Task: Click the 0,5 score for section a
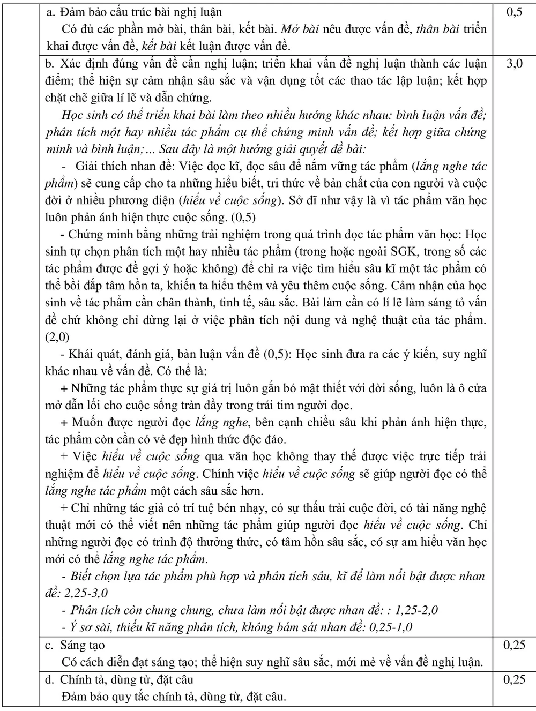tap(513, 12)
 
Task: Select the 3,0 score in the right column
tap(513, 64)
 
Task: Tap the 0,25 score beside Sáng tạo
tap(513, 645)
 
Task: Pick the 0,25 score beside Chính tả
tap(513, 679)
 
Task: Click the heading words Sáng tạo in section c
tap(83, 645)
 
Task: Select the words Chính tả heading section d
tap(79, 679)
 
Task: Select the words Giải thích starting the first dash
tap(103, 166)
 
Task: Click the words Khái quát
tap(95, 354)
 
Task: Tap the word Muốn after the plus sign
tap(87, 423)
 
